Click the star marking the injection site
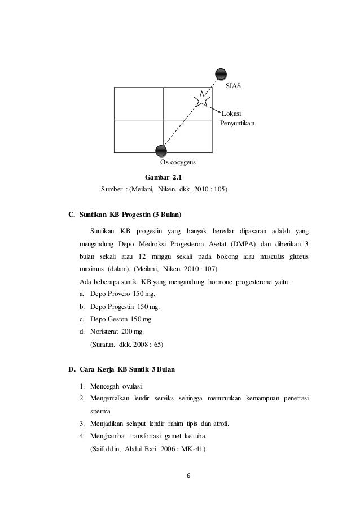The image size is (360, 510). click(201, 99)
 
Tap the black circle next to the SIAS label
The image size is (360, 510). click(221, 74)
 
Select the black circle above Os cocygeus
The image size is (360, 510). click(161, 150)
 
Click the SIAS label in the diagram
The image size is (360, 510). click(233, 86)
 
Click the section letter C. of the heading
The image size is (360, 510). click(72, 215)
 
